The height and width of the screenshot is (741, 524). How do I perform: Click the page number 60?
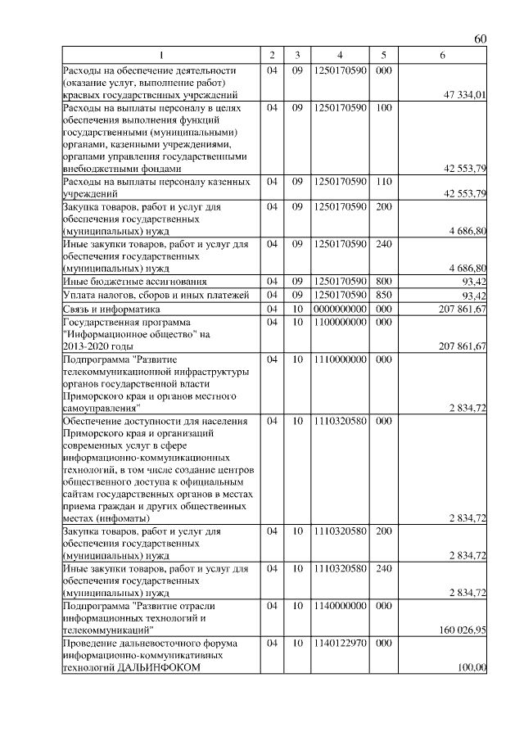point(481,39)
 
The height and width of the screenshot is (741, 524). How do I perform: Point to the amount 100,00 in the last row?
point(472,668)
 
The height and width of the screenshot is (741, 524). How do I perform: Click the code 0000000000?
point(339,310)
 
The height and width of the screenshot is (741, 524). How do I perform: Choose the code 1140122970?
point(339,644)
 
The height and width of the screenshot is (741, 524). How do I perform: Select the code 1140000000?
point(339,607)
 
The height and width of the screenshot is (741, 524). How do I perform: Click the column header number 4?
point(339,55)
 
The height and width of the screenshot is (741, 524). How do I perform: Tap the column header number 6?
point(442,55)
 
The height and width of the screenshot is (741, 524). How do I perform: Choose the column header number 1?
point(161,55)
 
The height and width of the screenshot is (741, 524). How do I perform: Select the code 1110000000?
point(339,359)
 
